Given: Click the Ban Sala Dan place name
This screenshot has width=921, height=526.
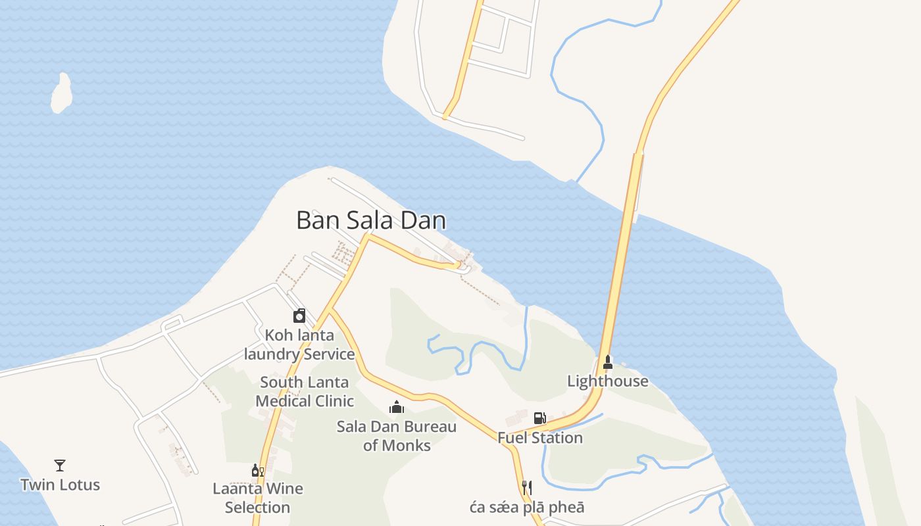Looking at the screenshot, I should coord(371,220).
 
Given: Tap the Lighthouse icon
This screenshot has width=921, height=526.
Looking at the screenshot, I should coord(608,362).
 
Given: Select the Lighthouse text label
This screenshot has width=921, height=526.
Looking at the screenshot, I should coord(608,381).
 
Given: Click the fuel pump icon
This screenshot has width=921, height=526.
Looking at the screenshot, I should coord(539,418).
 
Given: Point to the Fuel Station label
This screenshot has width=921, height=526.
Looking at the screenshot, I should coord(540,438).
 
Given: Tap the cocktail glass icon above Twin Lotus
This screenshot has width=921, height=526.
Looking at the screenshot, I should coord(60,466).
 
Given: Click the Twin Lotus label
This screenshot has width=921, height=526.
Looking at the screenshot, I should coord(61,485).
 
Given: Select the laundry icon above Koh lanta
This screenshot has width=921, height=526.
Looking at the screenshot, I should coord(299,316).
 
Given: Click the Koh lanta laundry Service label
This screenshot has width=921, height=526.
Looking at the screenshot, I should coord(299,345).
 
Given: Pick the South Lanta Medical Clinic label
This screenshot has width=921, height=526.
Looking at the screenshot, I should coord(305,392).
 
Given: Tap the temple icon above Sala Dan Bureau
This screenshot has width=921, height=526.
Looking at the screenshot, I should coord(396,408).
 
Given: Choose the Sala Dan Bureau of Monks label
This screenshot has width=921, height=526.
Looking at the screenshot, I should coord(397,436).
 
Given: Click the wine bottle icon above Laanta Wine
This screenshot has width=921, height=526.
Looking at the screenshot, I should coord(257,470).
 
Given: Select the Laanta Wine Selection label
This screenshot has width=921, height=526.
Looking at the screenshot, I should coord(258,498).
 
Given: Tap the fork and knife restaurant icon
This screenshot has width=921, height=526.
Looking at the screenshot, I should coord(526,487).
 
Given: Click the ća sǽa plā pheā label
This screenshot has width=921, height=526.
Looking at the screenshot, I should coord(527,508).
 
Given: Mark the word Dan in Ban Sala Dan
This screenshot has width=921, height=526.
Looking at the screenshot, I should coord(424,220).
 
